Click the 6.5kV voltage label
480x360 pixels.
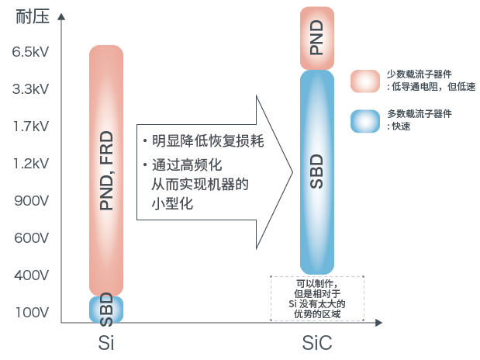[30, 52]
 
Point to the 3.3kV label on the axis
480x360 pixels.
[30, 89]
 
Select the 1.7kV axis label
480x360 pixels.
[30, 126]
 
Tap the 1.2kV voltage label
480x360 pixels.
[30, 164]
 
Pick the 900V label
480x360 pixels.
[32, 201]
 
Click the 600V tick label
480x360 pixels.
[32, 238]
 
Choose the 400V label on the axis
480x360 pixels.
[32, 275]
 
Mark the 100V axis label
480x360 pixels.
[32, 313]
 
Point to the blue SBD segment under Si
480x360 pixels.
[107, 309]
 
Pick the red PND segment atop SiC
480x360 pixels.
[316, 37]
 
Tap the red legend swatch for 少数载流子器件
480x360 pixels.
[364, 81]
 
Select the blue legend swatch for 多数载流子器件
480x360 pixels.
[364, 120]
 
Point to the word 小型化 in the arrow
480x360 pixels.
[172, 204]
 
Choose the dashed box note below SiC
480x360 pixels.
[316, 298]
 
